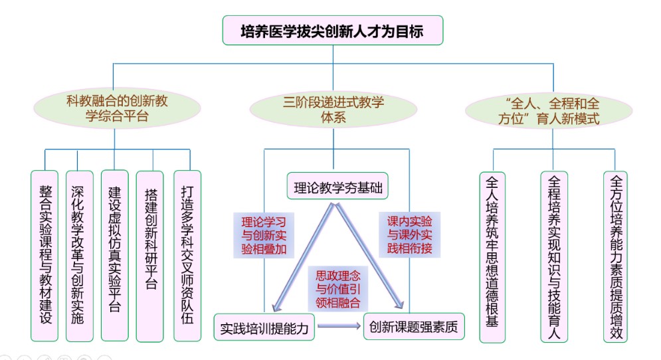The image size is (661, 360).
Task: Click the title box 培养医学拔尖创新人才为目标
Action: pos(332,31)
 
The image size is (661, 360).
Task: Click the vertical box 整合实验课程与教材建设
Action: pos(45,256)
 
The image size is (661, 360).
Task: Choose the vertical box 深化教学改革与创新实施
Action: pos(79,256)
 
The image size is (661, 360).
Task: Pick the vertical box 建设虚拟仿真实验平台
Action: pos(114,256)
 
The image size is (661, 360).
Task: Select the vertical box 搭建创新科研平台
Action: pos(149,256)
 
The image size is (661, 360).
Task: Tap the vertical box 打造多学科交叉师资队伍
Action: pos(187,256)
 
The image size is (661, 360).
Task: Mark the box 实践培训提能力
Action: pos(264,327)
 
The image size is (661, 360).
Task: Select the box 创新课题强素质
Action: pos(414,327)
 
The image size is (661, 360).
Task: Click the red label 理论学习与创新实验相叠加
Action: pos(264,234)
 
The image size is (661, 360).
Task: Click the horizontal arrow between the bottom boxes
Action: pos(339,326)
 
